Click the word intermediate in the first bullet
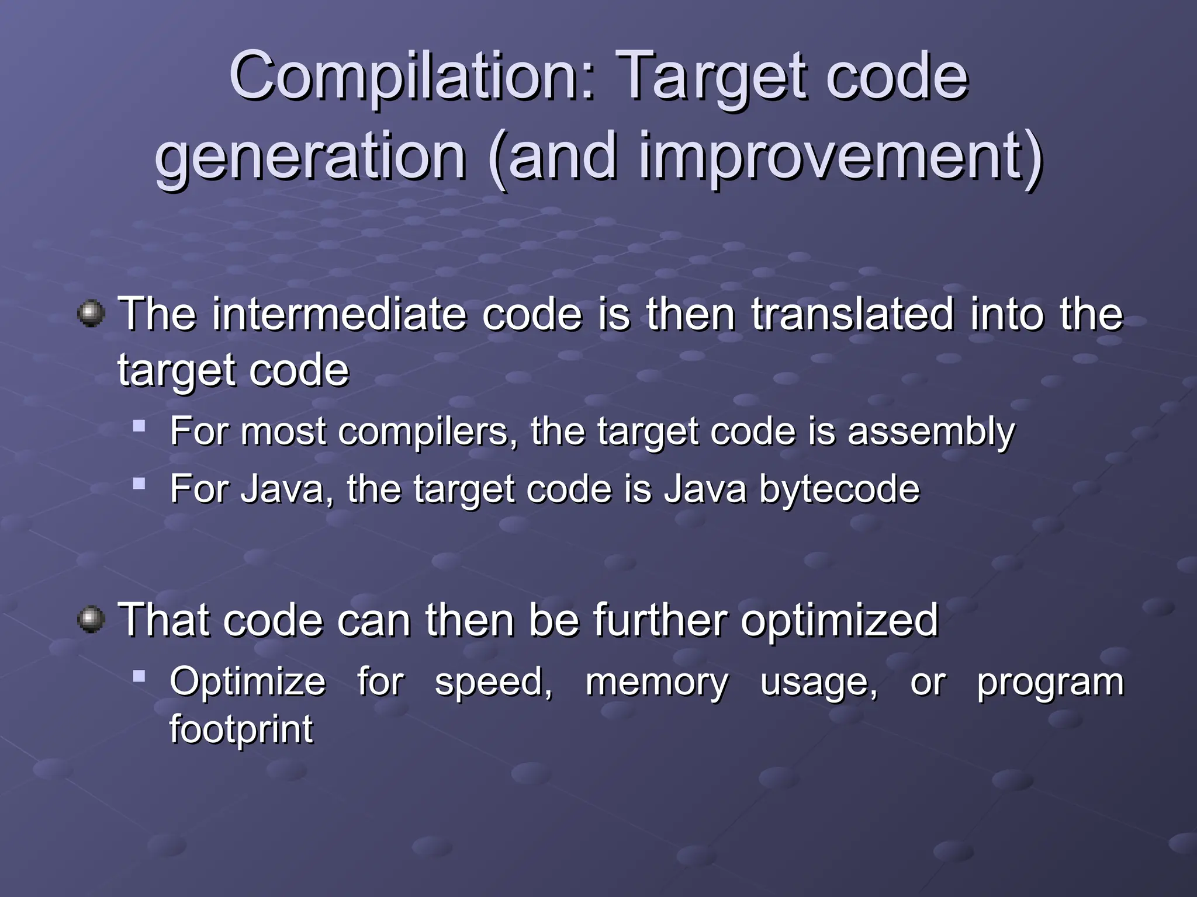coord(339,314)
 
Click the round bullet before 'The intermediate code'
coord(91,314)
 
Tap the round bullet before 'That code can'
coord(91,619)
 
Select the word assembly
coord(931,433)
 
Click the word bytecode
coord(839,489)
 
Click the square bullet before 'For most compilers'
coord(139,425)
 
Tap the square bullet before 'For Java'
coord(139,483)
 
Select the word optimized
coord(839,621)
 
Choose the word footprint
coord(241,729)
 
